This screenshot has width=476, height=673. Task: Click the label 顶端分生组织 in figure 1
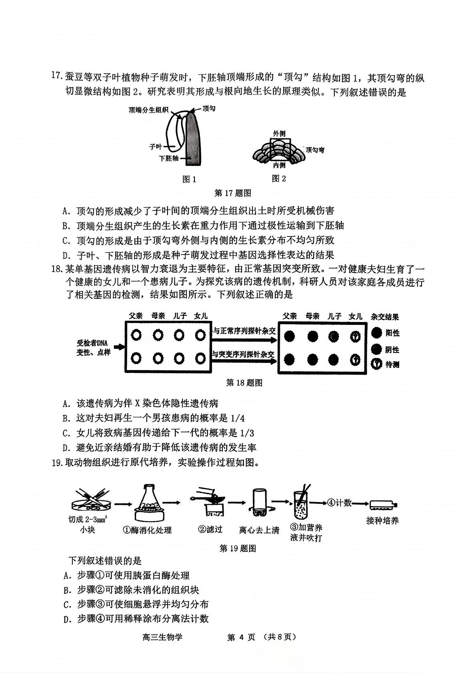[148, 110]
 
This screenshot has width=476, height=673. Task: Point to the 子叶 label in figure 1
[156, 146]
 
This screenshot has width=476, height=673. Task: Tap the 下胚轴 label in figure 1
[169, 158]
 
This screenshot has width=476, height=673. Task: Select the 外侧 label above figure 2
[279, 133]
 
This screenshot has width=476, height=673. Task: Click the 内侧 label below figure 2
[279, 165]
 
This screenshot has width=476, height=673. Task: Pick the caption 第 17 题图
[233, 193]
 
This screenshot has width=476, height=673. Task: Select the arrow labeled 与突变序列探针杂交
[244, 361]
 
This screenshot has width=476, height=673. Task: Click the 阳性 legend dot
[376, 332]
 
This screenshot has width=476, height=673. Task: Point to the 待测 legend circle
[376, 364]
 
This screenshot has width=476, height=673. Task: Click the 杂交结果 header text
[385, 316]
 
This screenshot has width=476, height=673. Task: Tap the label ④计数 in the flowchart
[339, 503]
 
